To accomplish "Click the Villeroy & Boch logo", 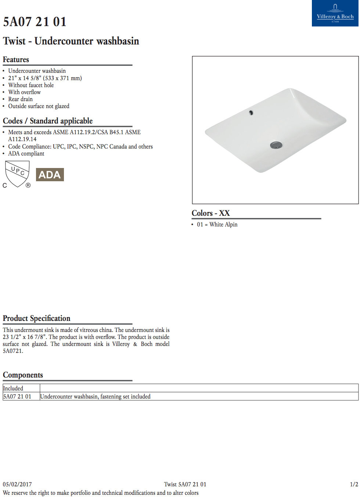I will click(335, 13).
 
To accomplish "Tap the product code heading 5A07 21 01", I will click(35, 22).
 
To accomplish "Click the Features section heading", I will click(16, 60).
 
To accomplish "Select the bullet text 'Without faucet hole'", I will click(31, 85).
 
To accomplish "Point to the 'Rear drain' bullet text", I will click(21, 99).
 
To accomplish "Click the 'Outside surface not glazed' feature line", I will click(39, 106).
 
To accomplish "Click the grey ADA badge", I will click(50, 175).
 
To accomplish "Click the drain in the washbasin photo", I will click(276, 145).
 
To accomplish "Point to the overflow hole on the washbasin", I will click(251, 112).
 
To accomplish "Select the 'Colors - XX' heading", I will click(210, 213).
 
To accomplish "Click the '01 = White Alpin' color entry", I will click(217, 225).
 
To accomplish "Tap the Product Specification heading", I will click(37, 318).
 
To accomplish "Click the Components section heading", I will click(23, 375).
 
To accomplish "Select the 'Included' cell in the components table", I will click(13, 389).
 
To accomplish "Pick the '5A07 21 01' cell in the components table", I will click(17, 397).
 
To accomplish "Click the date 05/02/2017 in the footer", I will click(17, 485).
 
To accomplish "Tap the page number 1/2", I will click(354, 485).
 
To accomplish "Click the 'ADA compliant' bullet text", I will click(26, 154).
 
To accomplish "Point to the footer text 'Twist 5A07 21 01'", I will click(185, 485).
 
